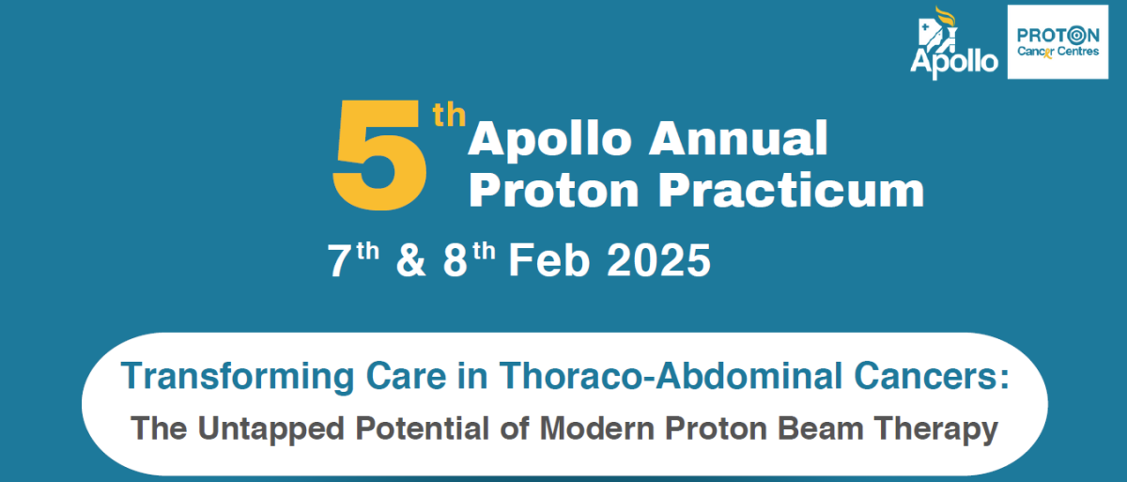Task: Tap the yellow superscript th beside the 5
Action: pyautogui.click(x=448, y=118)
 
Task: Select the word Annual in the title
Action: pyautogui.click(x=736, y=140)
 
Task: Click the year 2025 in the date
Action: pyautogui.click(x=657, y=260)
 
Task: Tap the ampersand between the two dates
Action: pyautogui.click(x=411, y=260)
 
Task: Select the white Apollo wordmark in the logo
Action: pyautogui.click(x=954, y=62)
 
